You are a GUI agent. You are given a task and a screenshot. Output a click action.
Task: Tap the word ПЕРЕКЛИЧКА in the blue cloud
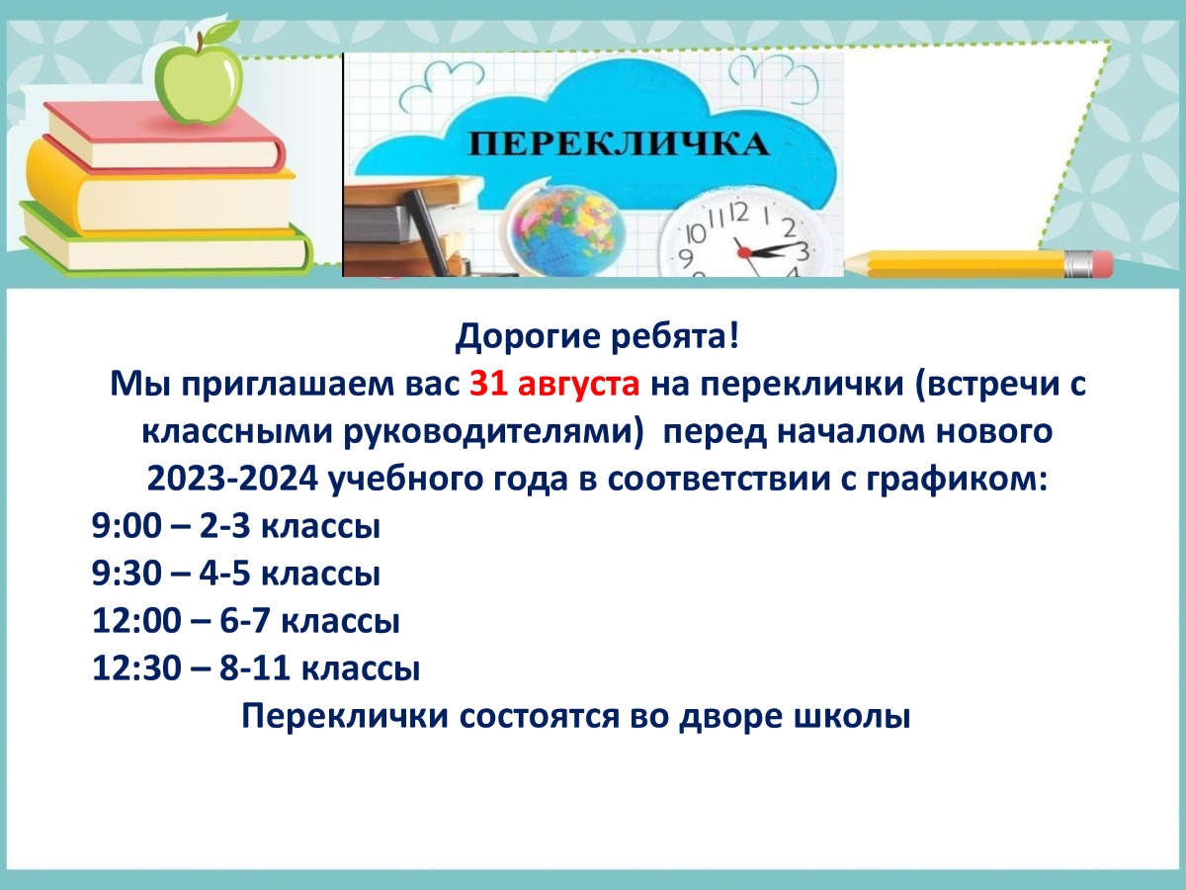coord(619,144)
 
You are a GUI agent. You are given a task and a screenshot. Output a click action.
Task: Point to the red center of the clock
coord(744,252)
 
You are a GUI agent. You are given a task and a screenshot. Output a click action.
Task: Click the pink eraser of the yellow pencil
coord(1101,264)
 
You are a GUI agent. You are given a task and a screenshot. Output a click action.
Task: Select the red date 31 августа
coord(554,385)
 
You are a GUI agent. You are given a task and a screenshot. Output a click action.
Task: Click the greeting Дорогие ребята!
coord(597,336)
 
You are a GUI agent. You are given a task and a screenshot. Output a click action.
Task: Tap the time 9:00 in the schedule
coord(127,525)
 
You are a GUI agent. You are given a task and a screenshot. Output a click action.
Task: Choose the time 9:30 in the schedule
coord(127,573)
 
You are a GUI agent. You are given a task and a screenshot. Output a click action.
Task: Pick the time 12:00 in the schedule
coord(136,620)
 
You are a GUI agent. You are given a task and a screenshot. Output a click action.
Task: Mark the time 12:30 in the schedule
coord(136,667)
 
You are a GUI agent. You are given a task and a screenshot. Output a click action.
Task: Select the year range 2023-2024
coord(232,479)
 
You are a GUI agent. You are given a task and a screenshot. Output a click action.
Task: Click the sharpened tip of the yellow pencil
coord(847,263)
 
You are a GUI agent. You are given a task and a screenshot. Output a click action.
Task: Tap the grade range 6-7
coord(244,620)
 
